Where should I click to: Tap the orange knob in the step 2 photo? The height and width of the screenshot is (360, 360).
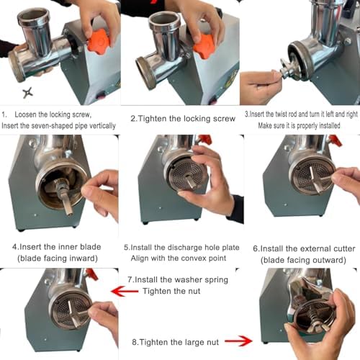pyautogui.click(x=202, y=48)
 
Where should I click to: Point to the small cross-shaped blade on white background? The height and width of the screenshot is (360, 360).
pyautogui.click(x=29, y=94)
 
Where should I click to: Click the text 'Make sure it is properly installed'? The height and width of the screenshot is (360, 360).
pyautogui.click(x=300, y=125)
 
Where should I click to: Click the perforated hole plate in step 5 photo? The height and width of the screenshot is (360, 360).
pyautogui.click(x=186, y=173)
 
